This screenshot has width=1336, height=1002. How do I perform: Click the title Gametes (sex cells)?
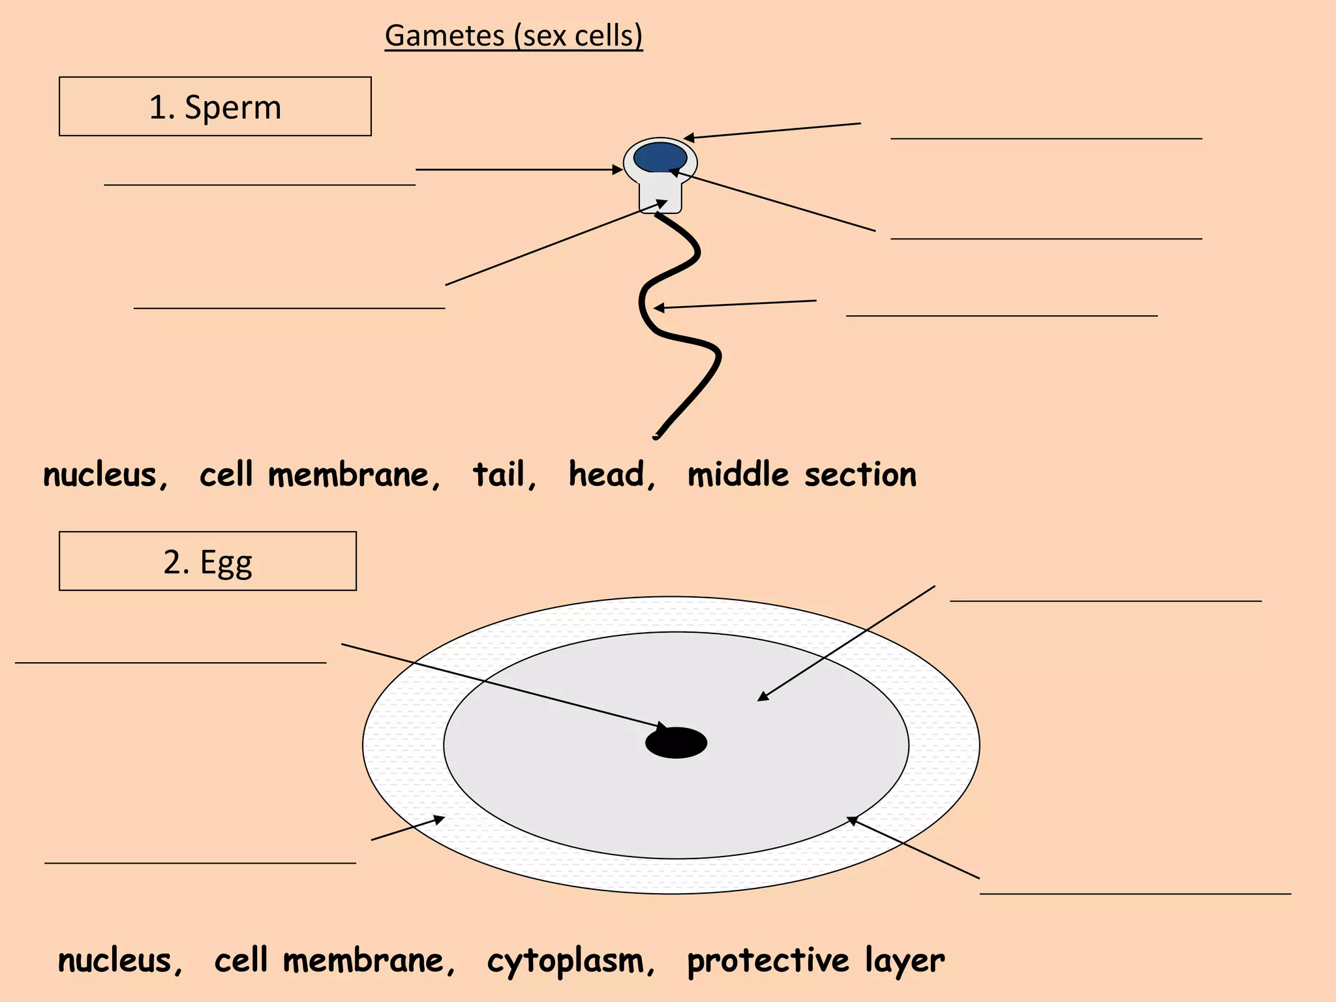[x=513, y=35]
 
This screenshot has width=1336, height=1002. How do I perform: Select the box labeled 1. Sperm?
[x=215, y=106]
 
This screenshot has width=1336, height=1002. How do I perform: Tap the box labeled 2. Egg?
[x=207, y=561]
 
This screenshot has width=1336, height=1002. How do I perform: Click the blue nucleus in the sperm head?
[x=660, y=157]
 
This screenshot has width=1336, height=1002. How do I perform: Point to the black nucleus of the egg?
[x=676, y=743]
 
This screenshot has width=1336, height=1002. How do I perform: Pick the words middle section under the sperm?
[x=802, y=474]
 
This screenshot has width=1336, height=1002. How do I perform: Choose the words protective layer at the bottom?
[x=815, y=961]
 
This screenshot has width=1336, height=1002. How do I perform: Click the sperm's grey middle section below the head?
[x=660, y=196]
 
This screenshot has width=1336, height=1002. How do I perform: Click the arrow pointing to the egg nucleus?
[x=502, y=685]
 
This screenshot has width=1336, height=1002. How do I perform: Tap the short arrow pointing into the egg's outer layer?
[x=408, y=828]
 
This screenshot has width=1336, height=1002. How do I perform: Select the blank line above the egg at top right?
[x=1105, y=600]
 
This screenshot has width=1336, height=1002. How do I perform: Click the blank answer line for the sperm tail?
[x=1001, y=316]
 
